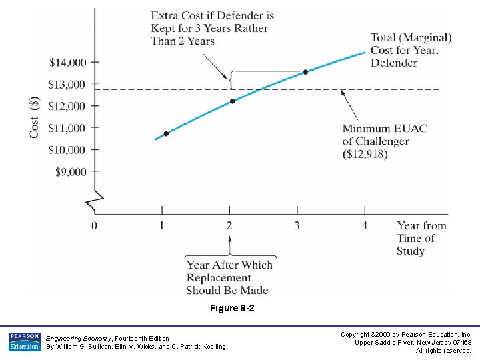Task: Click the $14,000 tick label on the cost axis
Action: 68,63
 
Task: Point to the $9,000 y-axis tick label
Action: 70,172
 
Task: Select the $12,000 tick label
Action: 68,107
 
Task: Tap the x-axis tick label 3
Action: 297,225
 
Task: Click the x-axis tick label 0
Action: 94,225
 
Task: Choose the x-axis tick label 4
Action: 365,225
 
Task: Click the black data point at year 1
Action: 166,133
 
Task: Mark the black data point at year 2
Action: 232,101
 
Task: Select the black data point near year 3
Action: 305,72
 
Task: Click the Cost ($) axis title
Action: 34,117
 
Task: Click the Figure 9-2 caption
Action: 232,309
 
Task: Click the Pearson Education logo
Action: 24,341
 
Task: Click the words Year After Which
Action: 229,265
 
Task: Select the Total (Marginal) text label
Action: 411,37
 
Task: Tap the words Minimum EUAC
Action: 385,129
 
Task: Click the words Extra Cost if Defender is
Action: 212,15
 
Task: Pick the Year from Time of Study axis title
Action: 421,238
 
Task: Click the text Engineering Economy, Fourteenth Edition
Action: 107,338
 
